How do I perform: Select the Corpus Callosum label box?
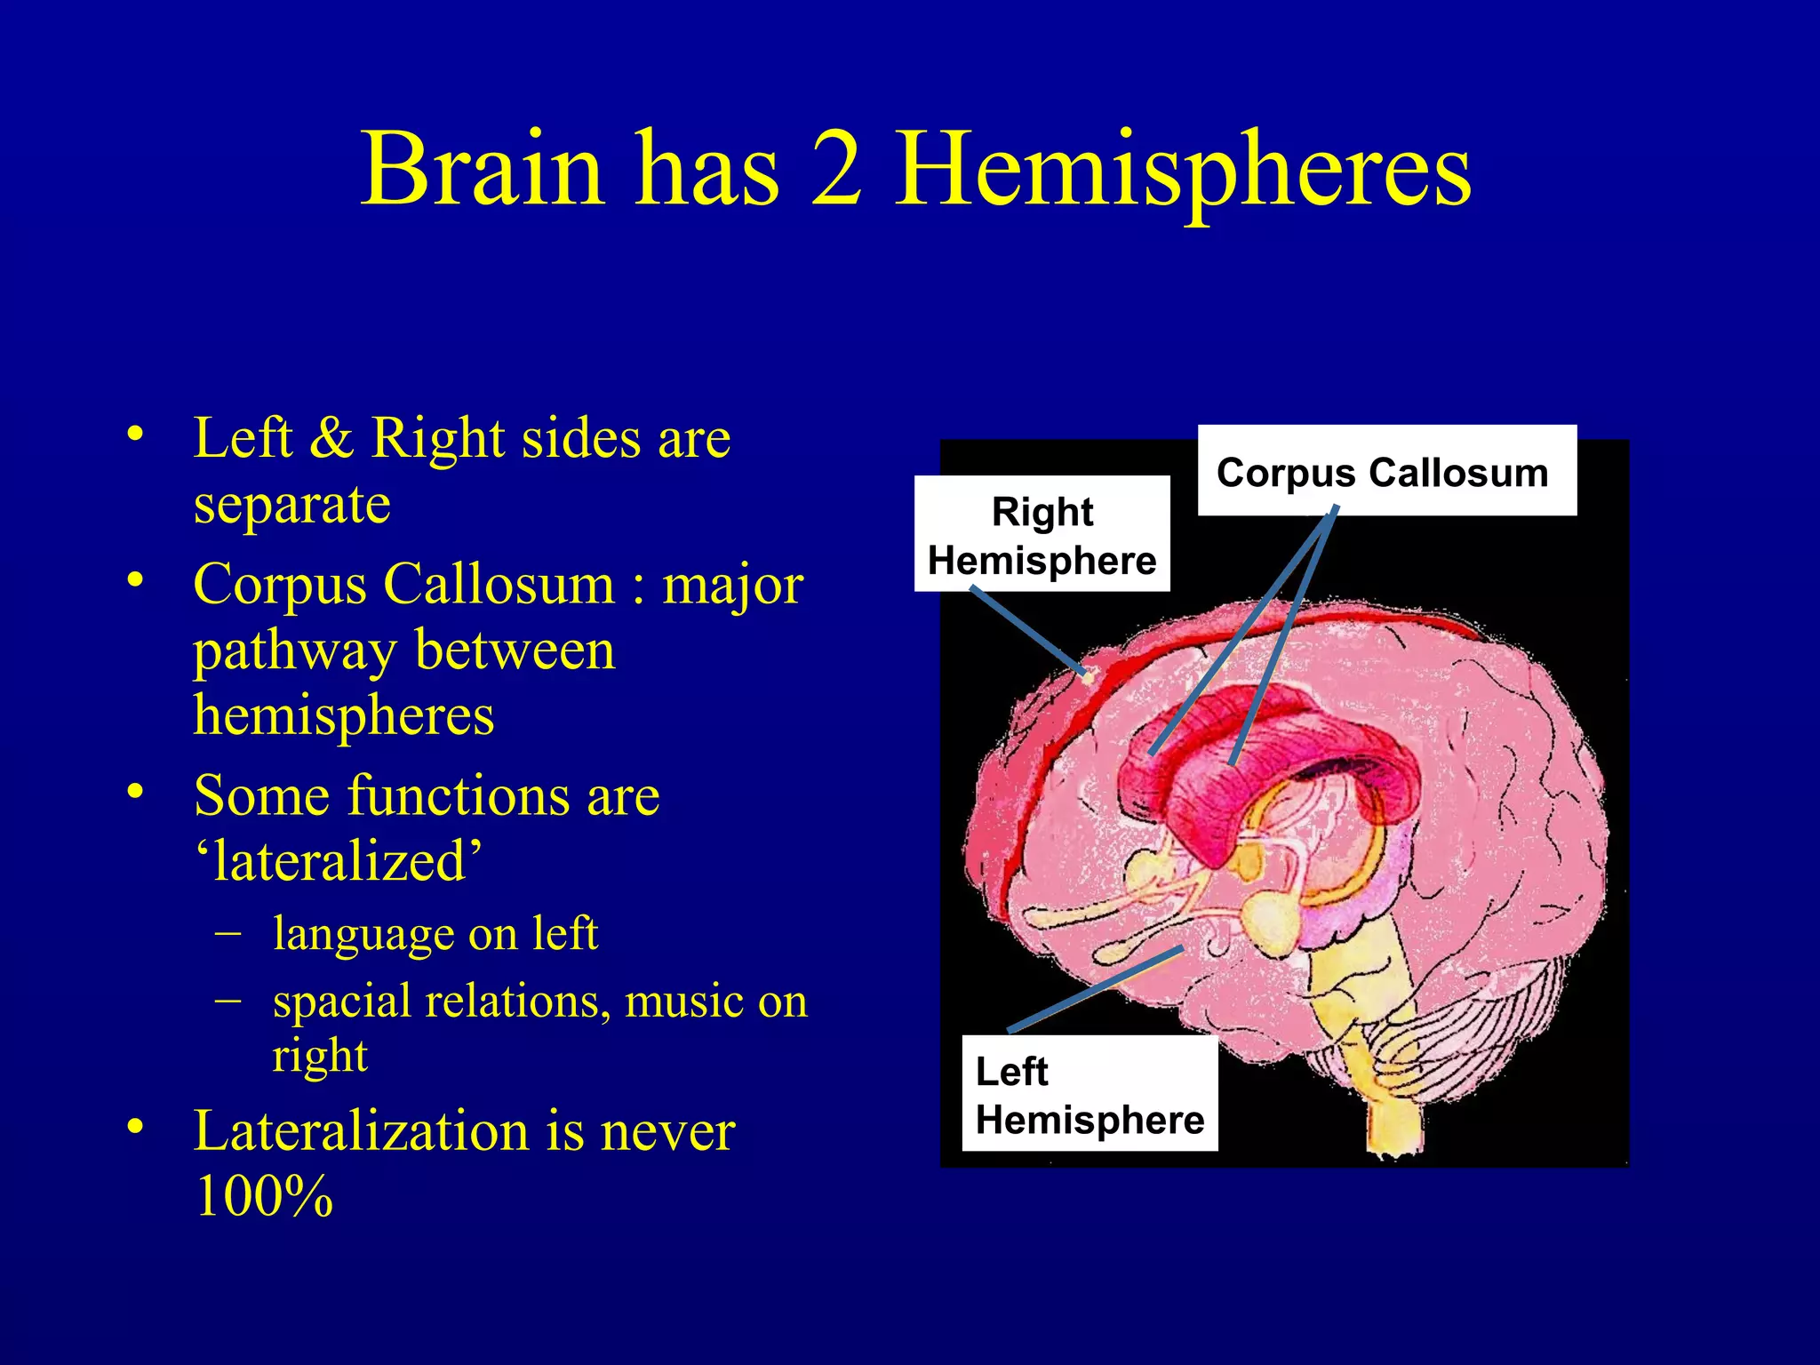[1386, 471]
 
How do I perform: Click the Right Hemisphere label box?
[1042, 534]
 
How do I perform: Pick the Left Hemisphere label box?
[1090, 1094]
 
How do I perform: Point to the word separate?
[291, 504]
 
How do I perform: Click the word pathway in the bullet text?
[294, 651]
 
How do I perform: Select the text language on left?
[435, 933]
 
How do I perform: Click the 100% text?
[264, 1196]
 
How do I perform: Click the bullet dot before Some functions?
[135, 790]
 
